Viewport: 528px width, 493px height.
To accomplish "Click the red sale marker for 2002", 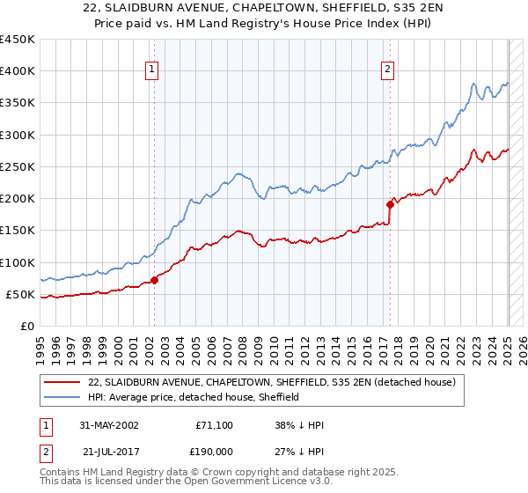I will [154, 280].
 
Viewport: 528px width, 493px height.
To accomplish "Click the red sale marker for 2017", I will [389, 204].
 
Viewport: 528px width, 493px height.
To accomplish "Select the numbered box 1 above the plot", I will [152, 71].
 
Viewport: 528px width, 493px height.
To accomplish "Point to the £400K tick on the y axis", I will [18, 71].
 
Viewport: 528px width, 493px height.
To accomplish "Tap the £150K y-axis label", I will [18, 231].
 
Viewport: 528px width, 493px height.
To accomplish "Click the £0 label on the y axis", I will [26, 326].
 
